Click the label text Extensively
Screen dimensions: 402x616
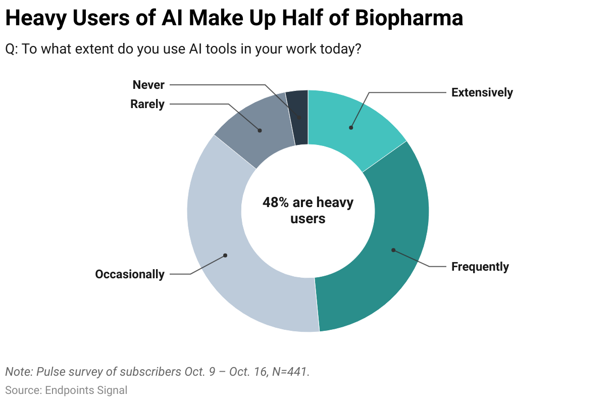pyautogui.click(x=482, y=92)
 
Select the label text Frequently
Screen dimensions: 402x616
pyautogui.click(x=480, y=267)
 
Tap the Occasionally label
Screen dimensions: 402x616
pyautogui.click(x=130, y=274)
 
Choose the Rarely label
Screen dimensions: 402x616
pyautogui.click(x=147, y=105)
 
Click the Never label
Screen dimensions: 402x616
pyautogui.click(x=148, y=85)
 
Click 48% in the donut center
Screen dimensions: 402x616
pyautogui.click(x=276, y=203)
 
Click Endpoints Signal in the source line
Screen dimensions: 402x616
pyautogui.click(x=86, y=390)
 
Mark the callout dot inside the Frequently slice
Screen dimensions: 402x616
pyautogui.click(x=393, y=250)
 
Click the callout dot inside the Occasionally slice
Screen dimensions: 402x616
pyautogui.click(x=225, y=255)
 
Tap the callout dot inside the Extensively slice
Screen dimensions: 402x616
pyautogui.click(x=351, y=127)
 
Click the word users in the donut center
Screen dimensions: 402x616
pyautogui.click(x=308, y=219)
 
